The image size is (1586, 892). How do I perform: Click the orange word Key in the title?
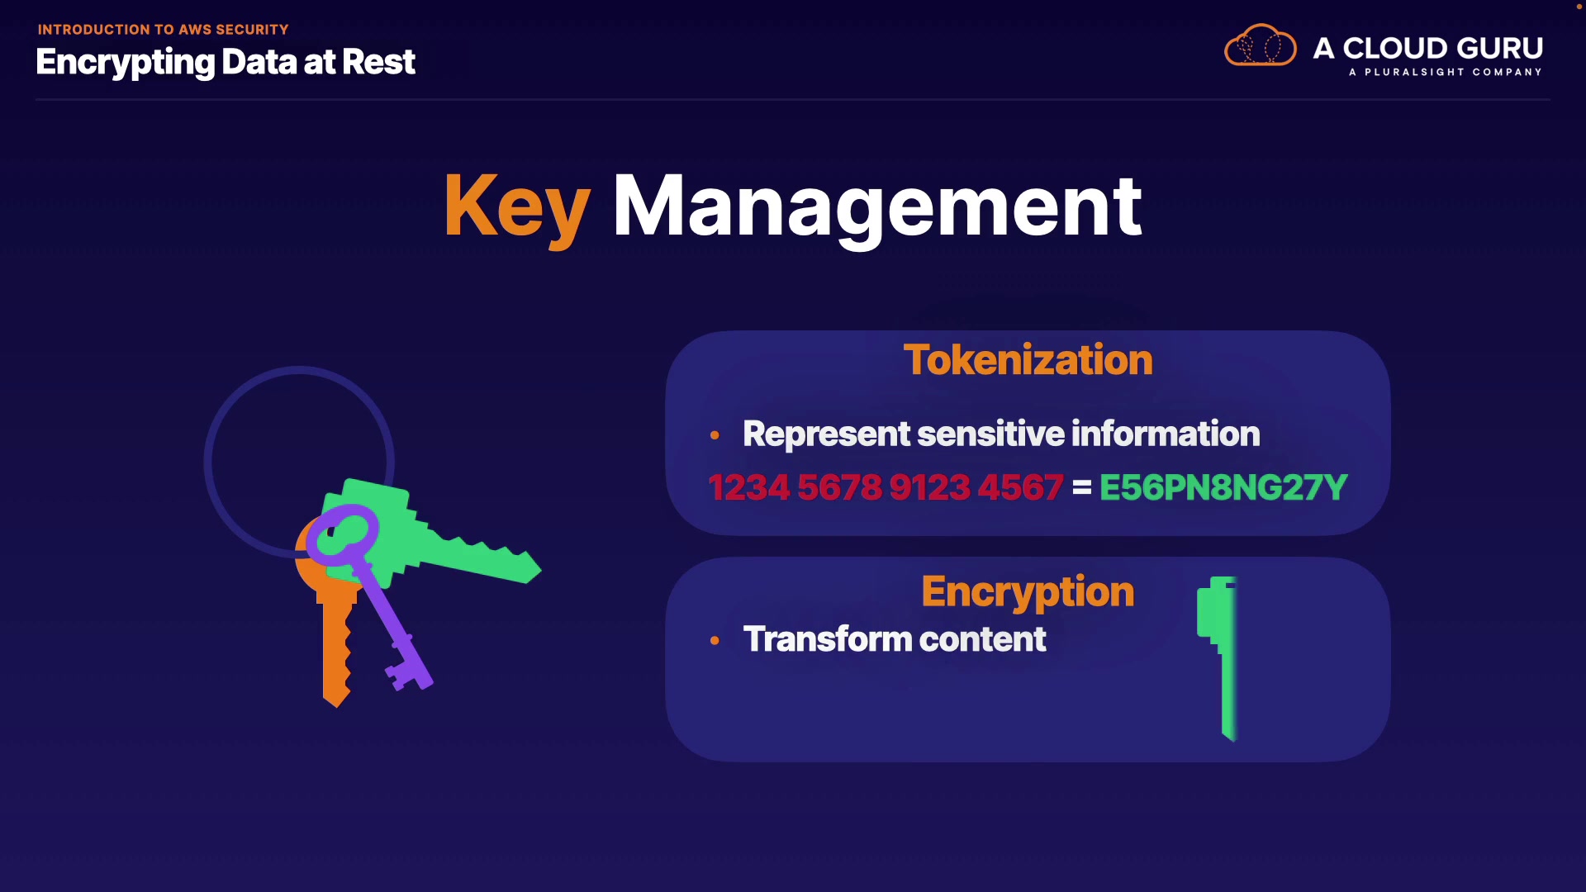(516, 206)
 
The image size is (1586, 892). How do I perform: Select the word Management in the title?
(876, 206)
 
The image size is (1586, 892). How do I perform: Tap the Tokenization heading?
(1028, 360)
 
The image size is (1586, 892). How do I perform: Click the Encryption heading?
(1028, 591)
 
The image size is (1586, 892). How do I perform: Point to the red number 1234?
(748, 487)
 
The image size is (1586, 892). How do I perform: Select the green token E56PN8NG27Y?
(1223, 487)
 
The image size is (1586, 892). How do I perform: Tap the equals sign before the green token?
(1081, 488)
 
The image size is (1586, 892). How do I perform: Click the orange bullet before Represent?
(715, 435)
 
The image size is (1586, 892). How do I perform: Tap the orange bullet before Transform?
(715, 640)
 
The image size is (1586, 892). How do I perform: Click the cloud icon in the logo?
(1260, 46)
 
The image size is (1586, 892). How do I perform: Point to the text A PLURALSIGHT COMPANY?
(1445, 73)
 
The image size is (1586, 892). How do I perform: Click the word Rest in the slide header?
(378, 62)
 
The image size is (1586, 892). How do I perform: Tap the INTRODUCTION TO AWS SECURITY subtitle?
(163, 30)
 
